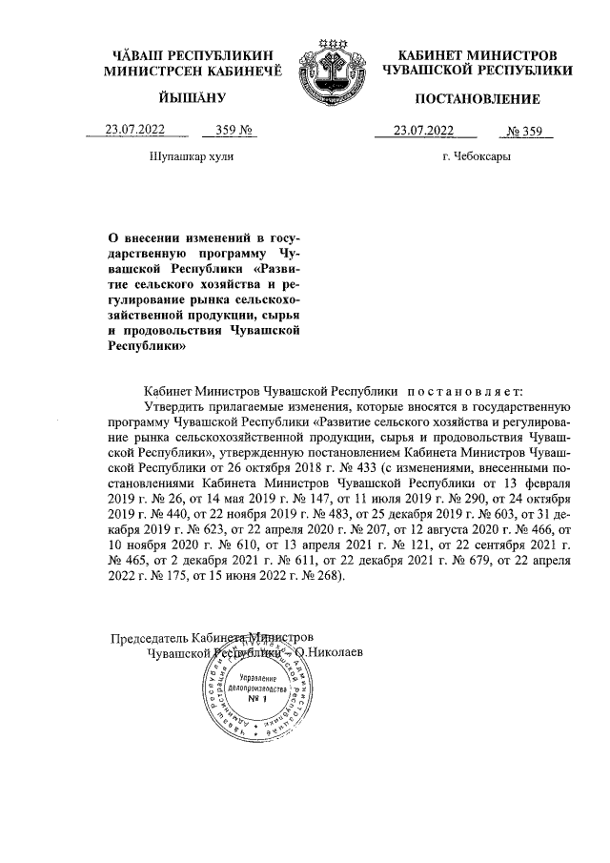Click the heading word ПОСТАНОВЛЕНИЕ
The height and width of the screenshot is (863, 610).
click(478, 99)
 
